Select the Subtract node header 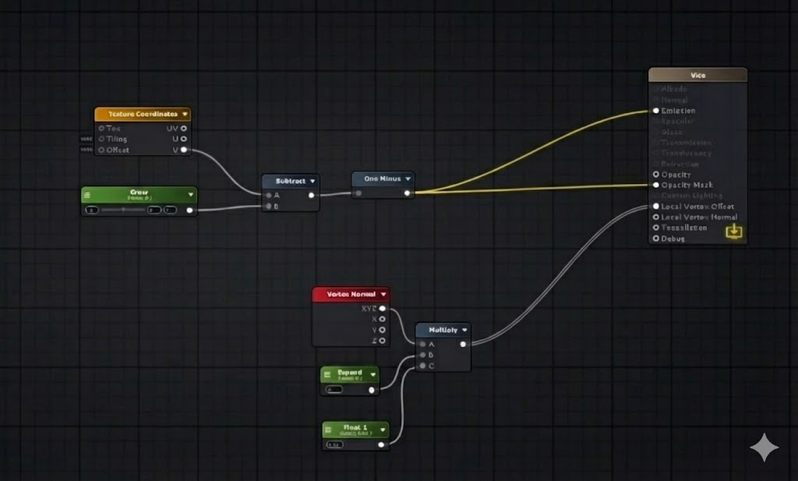[x=290, y=180]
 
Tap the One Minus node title [x=382, y=179]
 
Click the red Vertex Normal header [x=351, y=295]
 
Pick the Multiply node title [x=442, y=329]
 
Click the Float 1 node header [x=355, y=428]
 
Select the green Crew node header [x=139, y=193]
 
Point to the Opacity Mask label [x=687, y=185]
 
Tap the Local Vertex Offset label [x=697, y=207]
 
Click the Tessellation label [x=683, y=228]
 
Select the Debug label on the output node [x=673, y=239]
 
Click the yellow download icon [x=733, y=231]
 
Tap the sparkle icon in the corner [x=764, y=447]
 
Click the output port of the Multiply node [x=464, y=343]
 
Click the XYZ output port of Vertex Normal [x=382, y=309]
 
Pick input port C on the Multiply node [x=422, y=365]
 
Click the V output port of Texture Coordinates [x=184, y=150]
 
